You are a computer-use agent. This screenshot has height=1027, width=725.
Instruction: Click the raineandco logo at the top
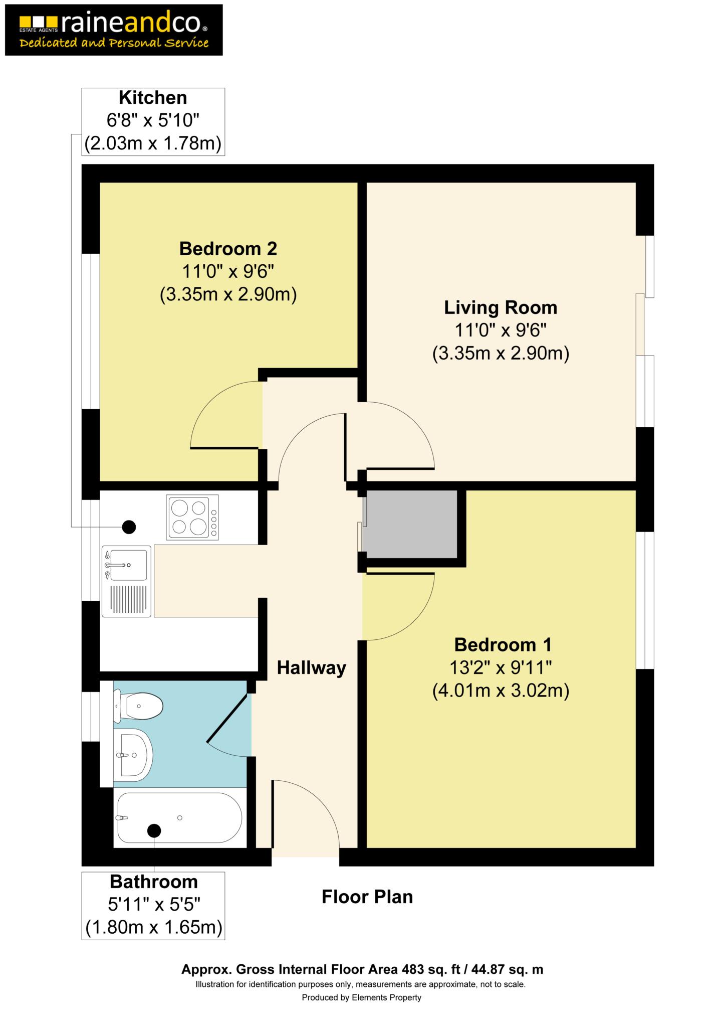click(114, 30)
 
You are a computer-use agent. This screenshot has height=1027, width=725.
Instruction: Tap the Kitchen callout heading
click(153, 97)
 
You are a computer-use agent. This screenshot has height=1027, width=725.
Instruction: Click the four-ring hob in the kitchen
click(193, 518)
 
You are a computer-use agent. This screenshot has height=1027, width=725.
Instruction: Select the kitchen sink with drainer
click(127, 581)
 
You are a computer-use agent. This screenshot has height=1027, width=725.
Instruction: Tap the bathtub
click(180, 818)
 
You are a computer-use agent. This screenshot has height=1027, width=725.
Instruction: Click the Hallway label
click(312, 668)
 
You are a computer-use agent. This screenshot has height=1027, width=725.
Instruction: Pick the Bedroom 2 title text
click(228, 248)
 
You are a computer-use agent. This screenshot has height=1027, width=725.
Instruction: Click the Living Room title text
click(501, 307)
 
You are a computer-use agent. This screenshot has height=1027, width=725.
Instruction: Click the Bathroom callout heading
click(154, 882)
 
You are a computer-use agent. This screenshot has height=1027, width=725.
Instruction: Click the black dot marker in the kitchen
click(129, 527)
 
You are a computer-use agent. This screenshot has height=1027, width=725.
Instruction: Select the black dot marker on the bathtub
click(154, 830)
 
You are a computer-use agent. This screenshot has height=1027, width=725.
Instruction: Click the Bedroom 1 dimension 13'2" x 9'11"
click(501, 667)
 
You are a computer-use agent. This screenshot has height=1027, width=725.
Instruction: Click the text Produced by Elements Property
click(361, 997)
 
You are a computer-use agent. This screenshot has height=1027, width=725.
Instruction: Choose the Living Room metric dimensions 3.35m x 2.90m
click(501, 354)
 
